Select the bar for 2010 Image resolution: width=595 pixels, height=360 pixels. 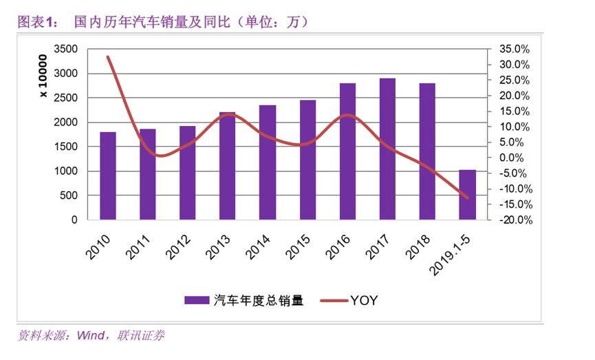[x=108, y=176]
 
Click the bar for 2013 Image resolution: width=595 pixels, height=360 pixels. [x=227, y=166]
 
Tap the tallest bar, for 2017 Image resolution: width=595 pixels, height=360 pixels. [x=387, y=149]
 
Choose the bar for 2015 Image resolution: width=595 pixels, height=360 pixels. [x=307, y=160]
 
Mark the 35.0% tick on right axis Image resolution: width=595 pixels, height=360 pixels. [x=513, y=50]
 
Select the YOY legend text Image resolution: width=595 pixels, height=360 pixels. [x=364, y=300]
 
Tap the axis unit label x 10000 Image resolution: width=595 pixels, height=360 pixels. [x=43, y=79]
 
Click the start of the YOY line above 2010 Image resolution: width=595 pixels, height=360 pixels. [x=108, y=57]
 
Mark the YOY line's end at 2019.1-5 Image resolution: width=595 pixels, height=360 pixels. [x=467, y=198]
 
